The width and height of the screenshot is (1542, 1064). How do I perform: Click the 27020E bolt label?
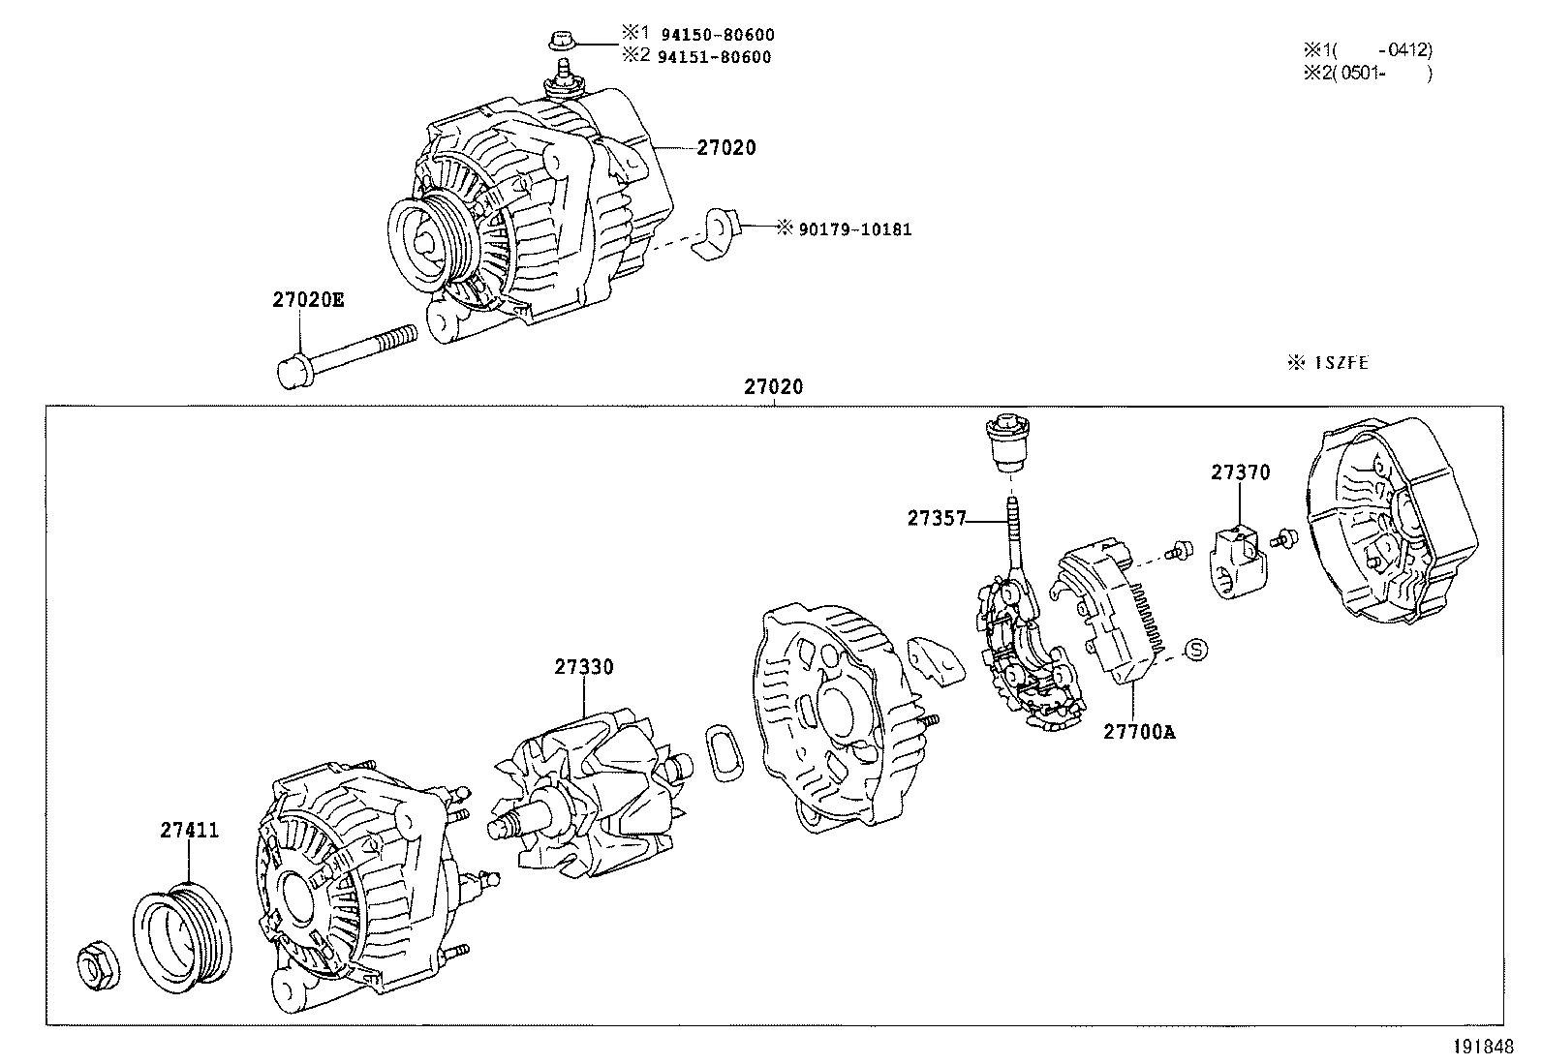307,300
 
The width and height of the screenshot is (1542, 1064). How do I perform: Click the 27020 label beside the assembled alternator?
725,148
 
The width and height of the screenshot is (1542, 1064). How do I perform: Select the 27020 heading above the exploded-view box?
774,387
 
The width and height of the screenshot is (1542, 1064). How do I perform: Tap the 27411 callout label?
190,830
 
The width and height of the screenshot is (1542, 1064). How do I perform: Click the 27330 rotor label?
584,667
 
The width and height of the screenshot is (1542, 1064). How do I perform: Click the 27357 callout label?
937,518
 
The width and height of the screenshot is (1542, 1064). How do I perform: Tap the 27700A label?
1138,732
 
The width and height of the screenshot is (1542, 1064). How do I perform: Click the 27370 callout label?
1240,472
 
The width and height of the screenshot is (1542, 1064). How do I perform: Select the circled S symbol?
1197,650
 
